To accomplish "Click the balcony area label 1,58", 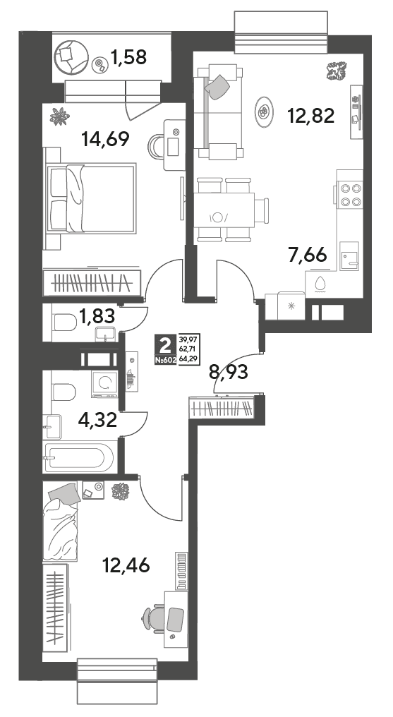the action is (x=128, y=58).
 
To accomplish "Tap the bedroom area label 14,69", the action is (x=104, y=138).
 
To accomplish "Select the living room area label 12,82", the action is (x=310, y=116).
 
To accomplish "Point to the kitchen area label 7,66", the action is (x=307, y=254).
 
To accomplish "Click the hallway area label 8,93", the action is (x=229, y=373).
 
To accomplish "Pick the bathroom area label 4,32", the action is (x=97, y=418).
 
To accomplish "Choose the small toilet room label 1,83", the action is (x=96, y=315).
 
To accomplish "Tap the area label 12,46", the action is (x=126, y=566).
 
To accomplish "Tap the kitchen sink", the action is (x=349, y=256).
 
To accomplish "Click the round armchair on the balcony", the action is (x=71, y=57).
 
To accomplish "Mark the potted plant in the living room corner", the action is (x=338, y=71).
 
